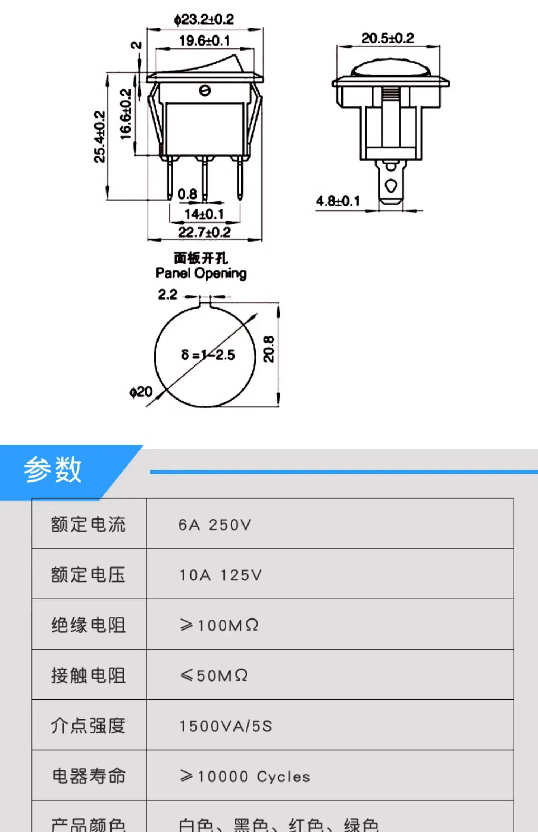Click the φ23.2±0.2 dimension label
[x=204, y=19]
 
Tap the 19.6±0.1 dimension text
[x=204, y=41]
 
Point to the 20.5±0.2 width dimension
[x=387, y=38]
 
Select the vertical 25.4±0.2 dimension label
[x=100, y=137]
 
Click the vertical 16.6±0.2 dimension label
[x=126, y=114]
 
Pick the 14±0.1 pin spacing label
[x=204, y=214]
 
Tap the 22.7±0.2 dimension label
[x=204, y=233]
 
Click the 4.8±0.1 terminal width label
[x=338, y=201]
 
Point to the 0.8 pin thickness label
[x=187, y=194]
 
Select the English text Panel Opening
[x=201, y=274]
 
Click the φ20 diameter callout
[x=141, y=392]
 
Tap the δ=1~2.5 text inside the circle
[x=208, y=355]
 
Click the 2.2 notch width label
[x=167, y=295]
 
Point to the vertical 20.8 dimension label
[x=269, y=349]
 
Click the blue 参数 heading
[x=53, y=470]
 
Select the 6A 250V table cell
[x=215, y=525]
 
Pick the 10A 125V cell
[x=221, y=575]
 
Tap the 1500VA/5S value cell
[x=226, y=726]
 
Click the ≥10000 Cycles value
[x=245, y=777]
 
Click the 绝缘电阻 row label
[x=88, y=626]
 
